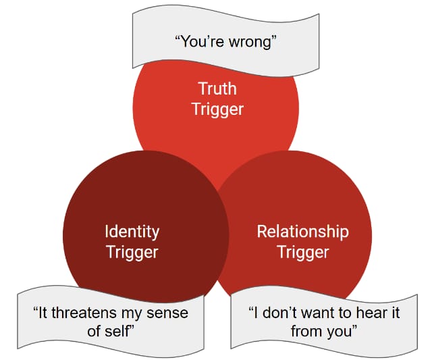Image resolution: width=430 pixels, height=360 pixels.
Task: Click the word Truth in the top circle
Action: pyautogui.click(x=217, y=88)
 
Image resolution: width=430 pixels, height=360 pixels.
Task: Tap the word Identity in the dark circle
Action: pyautogui.click(x=132, y=232)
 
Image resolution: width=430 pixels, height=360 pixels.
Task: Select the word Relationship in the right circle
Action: pyautogui.click(x=302, y=232)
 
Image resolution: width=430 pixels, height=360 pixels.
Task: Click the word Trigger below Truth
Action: pyautogui.click(x=218, y=110)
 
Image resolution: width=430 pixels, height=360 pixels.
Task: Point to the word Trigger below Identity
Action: pyautogui.click(x=132, y=253)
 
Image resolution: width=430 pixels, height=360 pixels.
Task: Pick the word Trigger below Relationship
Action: pyautogui.click(x=303, y=253)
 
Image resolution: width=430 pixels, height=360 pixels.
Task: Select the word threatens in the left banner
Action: pyautogui.click(x=84, y=313)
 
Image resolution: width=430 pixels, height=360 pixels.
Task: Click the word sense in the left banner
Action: pyautogui.click(x=167, y=313)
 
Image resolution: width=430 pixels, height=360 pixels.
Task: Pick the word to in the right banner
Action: pyautogui.click(x=344, y=313)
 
